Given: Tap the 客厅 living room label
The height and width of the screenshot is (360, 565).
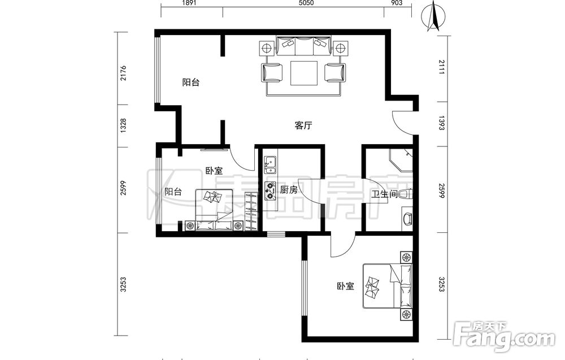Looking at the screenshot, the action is [x=303, y=126].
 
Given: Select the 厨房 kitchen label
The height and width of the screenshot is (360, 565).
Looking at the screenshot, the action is [x=289, y=189].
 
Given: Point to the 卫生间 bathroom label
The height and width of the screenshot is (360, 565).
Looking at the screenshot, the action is [x=384, y=194].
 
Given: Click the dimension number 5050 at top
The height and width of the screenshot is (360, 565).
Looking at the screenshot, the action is [x=306, y=3].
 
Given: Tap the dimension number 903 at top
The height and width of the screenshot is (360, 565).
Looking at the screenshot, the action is [x=397, y=3].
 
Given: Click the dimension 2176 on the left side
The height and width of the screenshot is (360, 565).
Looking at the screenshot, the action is [x=123, y=73].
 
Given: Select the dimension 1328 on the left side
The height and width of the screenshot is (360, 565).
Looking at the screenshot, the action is [x=123, y=126].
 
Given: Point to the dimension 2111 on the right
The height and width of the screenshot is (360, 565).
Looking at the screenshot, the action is [x=442, y=67].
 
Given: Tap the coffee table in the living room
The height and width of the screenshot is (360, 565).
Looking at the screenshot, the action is [x=304, y=73].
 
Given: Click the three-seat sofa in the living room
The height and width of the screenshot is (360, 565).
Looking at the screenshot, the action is [x=304, y=46].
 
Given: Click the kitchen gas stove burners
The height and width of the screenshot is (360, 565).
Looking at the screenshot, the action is [x=270, y=191].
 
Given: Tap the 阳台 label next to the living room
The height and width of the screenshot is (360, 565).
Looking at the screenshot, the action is [x=190, y=83].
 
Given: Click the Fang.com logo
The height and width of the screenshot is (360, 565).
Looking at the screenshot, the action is [x=504, y=337].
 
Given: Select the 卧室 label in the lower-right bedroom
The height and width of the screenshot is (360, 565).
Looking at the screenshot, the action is [x=346, y=286].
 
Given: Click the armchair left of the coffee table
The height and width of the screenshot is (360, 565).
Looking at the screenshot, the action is [x=272, y=73].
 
